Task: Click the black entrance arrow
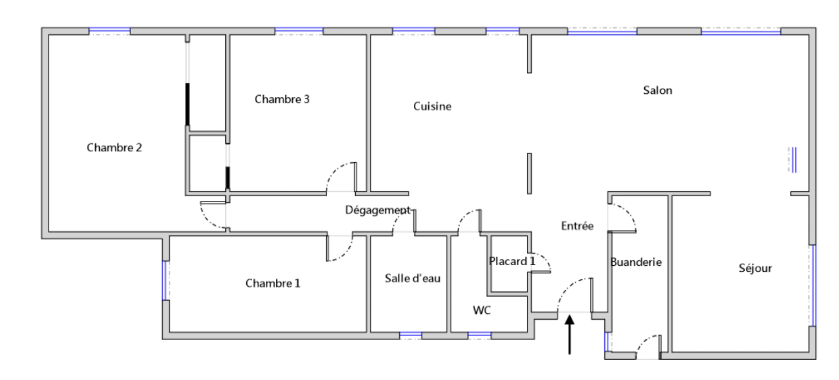point(569,334)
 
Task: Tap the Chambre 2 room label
point(114,147)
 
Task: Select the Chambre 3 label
point(282,99)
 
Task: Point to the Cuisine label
point(432,106)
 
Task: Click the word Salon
point(657,90)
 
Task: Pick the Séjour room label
point(755,268)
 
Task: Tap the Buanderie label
point(635,262)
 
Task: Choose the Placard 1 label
point(512,261)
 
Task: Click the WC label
point(481,310)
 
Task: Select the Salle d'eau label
point(412,278)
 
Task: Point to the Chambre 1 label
point(273,283)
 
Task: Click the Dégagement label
point(377,210)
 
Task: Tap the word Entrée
point(577,226)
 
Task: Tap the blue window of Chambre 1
point(164,280)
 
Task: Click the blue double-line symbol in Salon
point(793,160)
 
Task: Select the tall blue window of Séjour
point(814,285)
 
